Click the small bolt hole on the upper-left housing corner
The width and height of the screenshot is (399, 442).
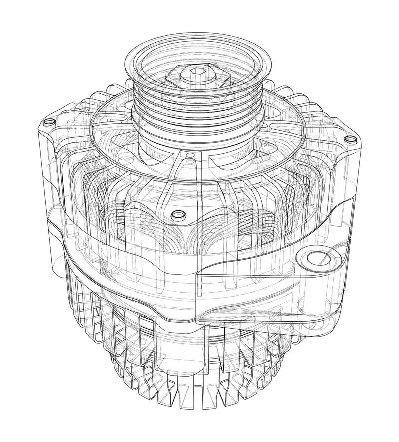49,122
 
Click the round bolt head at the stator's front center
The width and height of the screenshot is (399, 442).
176,216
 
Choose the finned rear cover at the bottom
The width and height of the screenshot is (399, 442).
199,379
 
